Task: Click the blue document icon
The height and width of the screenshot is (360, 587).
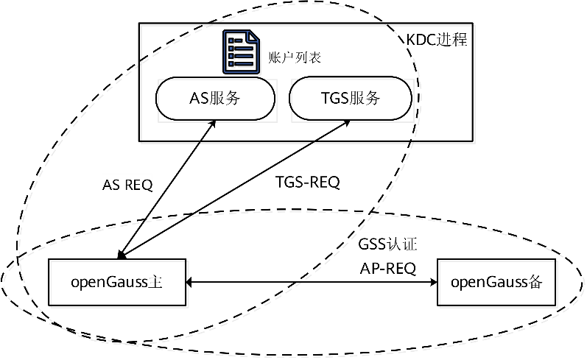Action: pos(241,52)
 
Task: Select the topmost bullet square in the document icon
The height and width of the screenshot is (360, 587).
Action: pos(231,40)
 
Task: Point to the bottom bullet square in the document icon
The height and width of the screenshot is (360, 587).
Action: pos(231,64)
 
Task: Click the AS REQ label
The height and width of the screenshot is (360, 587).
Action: pos(127,184)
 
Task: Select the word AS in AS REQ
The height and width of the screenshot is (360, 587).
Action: pos(111,184)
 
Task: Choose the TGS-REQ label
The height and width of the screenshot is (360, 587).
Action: pos(308,182)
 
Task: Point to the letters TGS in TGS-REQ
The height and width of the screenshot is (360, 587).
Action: pos(289,182)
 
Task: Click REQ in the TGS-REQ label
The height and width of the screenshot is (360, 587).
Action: pos(324,182)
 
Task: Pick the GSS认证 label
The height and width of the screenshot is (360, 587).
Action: pos(388,244)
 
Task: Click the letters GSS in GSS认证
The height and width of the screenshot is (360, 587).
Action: pos(372,244)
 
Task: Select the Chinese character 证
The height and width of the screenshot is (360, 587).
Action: pos(410,244)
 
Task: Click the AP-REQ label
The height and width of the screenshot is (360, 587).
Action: pos(387,269)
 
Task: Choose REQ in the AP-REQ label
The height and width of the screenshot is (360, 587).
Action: pos(401,269)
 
